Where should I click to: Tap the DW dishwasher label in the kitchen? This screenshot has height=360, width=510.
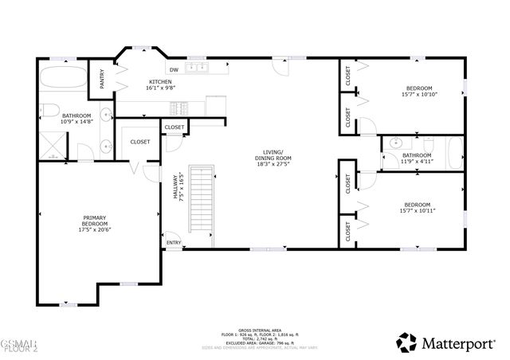(172, 69)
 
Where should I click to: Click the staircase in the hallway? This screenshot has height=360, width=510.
(201, 207)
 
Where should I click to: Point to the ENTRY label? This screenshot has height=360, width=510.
(173, 242)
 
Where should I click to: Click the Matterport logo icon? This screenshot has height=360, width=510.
(406, 342)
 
